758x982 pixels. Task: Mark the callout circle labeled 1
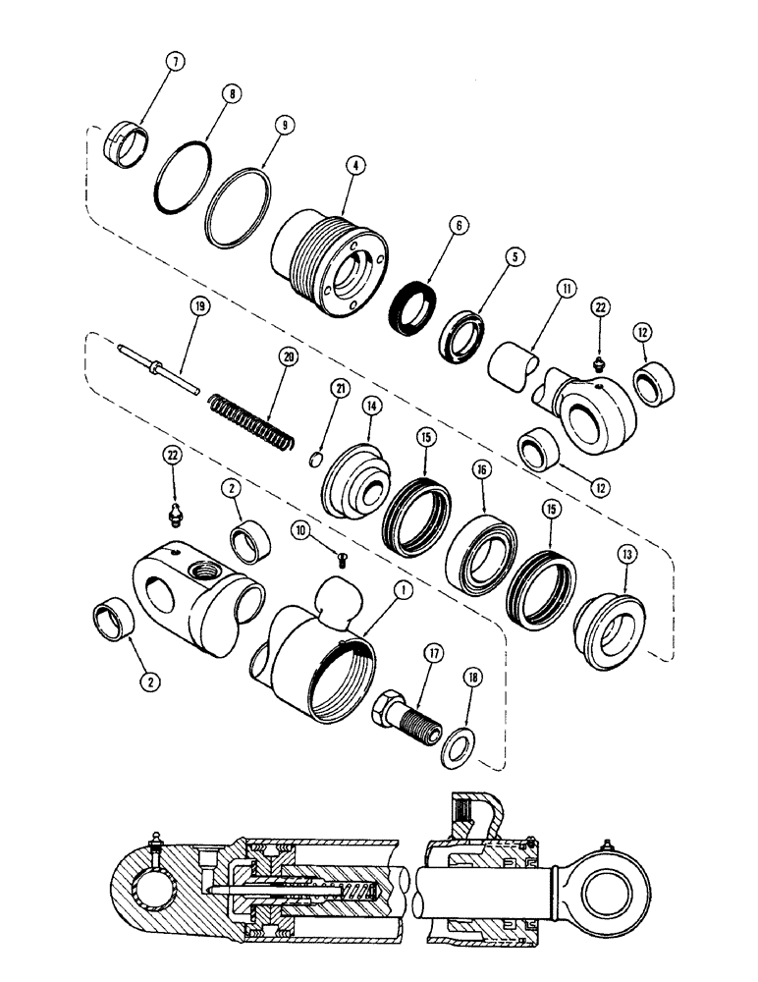click(x=401, y=592)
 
